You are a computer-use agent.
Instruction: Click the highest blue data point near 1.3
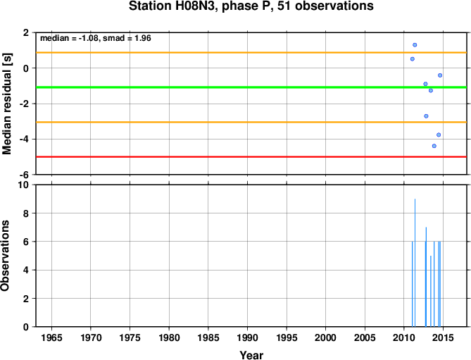(415, 45)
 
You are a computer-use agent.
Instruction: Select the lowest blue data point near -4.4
(434, 146)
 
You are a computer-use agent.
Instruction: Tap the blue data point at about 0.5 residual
(413, 59)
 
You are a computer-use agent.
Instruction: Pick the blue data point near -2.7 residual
(426, 116)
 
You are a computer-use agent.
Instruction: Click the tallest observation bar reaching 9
(415, 263)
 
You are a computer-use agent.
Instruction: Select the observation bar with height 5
(431, 291)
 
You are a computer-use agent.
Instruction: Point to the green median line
(251, 87)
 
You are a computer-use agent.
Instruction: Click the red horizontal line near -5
(251, 157)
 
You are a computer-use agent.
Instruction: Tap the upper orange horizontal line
(251, 53)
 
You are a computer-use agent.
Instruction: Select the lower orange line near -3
(251, 123)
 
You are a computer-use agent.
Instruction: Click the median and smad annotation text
(96, 39)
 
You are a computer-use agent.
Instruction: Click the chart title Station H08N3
(251, 6)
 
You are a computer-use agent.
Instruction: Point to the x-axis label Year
(251, 355)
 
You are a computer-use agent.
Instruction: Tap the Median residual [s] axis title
(6, 104)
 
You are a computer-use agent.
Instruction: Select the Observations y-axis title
(5, 256)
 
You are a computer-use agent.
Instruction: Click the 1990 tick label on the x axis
(247, 337)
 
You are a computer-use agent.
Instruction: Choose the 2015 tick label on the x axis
(443, 337)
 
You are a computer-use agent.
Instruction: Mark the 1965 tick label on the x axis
(51, 337)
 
